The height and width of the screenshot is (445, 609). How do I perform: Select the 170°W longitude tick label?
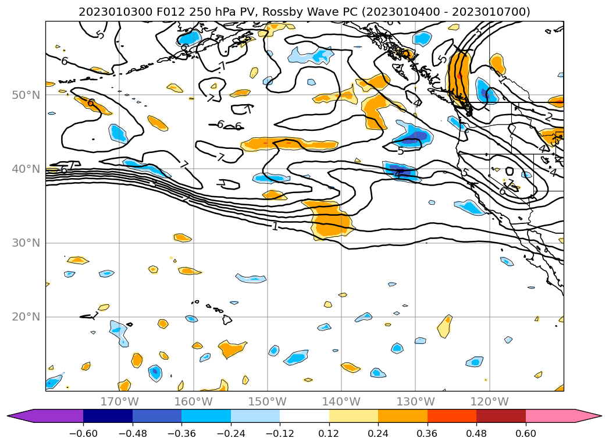120,402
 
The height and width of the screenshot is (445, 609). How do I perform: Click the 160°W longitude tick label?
194,402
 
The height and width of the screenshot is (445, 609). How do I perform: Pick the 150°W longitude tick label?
268,402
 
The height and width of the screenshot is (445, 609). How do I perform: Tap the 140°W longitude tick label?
341,402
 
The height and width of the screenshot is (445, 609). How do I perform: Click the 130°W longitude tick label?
415,402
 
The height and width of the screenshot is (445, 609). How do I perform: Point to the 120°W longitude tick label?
489,402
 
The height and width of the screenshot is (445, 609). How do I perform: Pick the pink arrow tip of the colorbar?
593,416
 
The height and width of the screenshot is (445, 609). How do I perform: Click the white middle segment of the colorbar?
304,416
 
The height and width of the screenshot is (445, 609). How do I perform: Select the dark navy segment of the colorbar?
108,416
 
